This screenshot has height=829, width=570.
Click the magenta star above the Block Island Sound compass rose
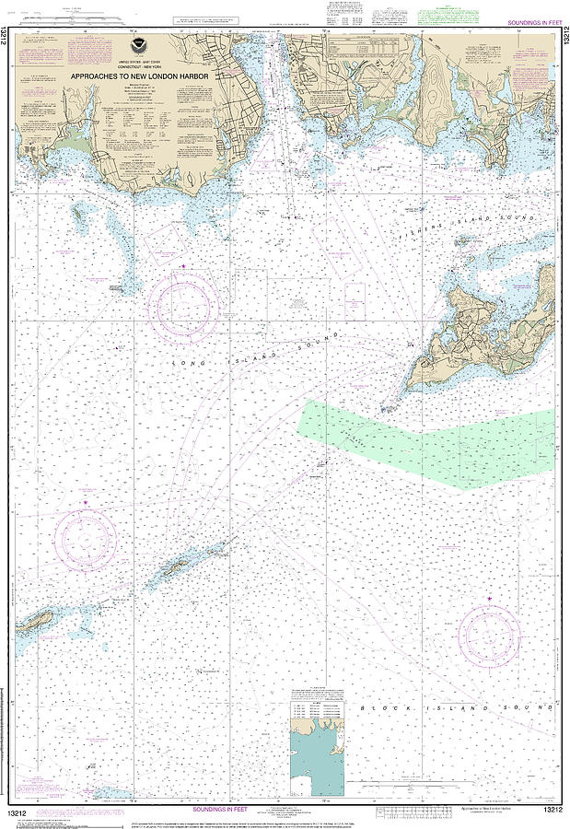click(x=489, y=601)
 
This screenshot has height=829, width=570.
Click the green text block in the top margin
click(x=442, y=16)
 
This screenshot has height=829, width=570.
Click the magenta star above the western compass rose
click(x=85, y=502)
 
